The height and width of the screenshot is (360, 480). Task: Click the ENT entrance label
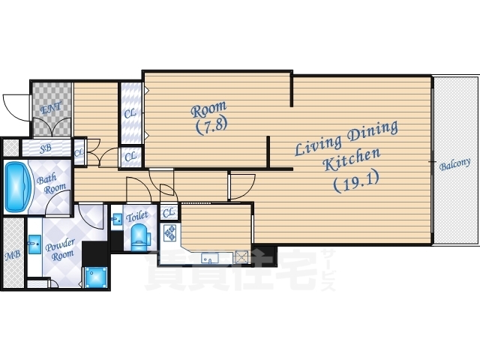coord(51,107)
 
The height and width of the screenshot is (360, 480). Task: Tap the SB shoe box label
coord(46,148)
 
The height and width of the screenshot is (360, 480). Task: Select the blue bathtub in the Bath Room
coord(18,187)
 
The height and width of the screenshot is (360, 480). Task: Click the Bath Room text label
coord(51,183)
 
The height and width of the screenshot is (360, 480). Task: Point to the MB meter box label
coord(13,255)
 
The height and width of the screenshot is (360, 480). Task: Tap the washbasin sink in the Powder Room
coord(35,244)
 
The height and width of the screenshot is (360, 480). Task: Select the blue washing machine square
coord(96,277)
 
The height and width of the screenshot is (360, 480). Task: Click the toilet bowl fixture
coord(140,235)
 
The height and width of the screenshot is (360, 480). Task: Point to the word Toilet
coord(136,217)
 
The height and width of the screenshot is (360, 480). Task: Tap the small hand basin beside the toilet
coord(116,219)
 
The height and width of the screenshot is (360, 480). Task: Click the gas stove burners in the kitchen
coord(170,232)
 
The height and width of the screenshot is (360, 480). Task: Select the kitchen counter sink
coord(210,258)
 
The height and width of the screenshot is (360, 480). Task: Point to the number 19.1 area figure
coord(356,181)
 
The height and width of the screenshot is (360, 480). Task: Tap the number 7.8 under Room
coord(211,126)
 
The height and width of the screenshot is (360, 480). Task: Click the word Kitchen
coord(352,159)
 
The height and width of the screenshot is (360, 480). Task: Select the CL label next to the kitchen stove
coord(168,212)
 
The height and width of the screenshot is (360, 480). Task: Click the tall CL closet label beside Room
coord(130,113)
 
